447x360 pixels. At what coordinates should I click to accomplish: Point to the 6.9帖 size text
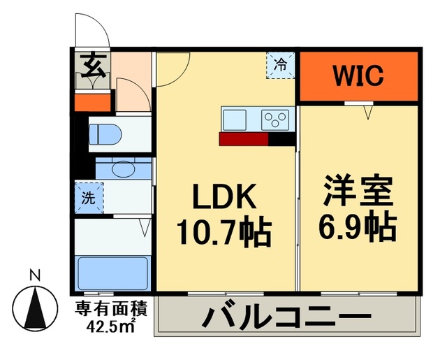(360, 226)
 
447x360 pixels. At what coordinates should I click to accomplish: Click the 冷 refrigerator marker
(279, 66)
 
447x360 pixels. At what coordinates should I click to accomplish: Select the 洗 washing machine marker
(89, 197)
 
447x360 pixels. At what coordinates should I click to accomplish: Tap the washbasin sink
(122, 168)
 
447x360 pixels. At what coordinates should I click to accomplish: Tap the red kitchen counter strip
(243, 139)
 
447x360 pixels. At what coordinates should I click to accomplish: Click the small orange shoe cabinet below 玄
(93, 102)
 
